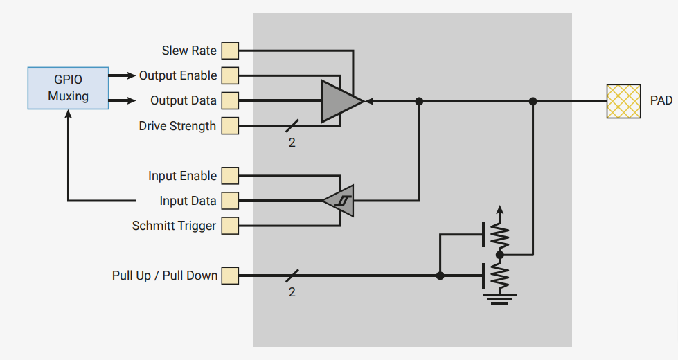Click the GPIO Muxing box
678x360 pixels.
pyautogui.click(x=68, y=88)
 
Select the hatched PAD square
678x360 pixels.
pyautogui.click(x=623, y=101)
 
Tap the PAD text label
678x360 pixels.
pyautogui.click(x=661, y=101)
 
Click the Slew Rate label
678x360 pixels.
pyautogui.click(x=189, y=51)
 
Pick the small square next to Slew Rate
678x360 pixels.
pyautogui.click(x=229, y=51)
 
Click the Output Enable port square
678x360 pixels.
pyautogui.click(x=229, y=75)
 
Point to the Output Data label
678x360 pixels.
pyautogui.click(x=184, y=101)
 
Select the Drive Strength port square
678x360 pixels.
pyautogui.click(x=229, y=126)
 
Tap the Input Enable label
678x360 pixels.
pyautogui.click(x=182, y=176)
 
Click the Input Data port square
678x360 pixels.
pyautogui.click(x=229, y=201)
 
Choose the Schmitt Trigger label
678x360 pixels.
pyautogui.click(x=174, y=226)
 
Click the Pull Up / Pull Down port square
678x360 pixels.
pyautogui.click(x=229, y=276)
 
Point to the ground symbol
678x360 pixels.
pyautogui.click(x=500, y=298)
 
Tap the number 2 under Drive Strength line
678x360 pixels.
pyautogui.click(x=292, y=143)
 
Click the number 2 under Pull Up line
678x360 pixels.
pyautogui.click(x=292, y=292)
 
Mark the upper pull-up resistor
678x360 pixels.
pyautogui.click(x=500, y=235)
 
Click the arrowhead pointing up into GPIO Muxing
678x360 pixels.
pyautogui.click(x=68, y=116)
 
